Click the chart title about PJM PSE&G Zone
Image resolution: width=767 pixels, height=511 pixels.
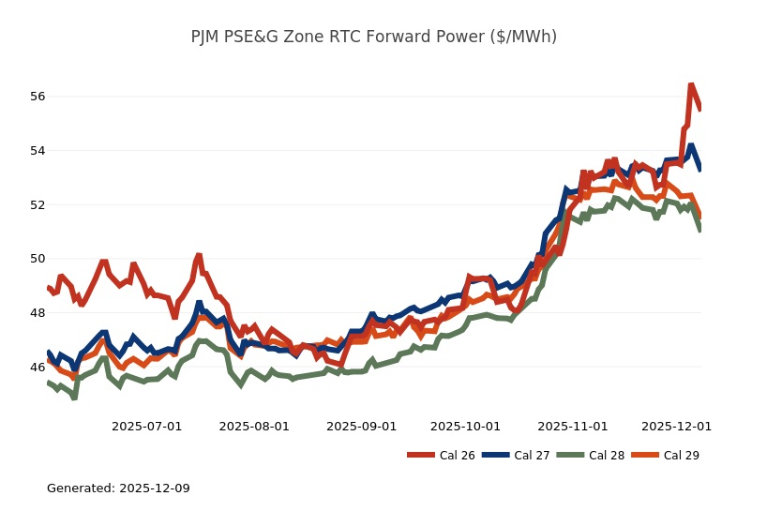(373, 37)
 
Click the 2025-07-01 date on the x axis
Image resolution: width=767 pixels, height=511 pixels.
(146, 426)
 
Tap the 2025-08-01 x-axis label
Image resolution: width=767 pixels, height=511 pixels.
(254, 426)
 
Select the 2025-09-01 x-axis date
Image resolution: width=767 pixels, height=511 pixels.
(361, 426)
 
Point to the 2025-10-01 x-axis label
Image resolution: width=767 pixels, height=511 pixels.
(465, 426)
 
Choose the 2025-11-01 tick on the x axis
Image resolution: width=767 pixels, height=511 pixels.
(573, 426)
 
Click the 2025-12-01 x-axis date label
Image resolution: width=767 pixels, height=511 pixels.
(676, 426)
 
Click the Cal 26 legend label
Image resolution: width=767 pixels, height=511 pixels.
(457, 456)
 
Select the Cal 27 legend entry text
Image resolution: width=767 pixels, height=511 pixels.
(532, 456)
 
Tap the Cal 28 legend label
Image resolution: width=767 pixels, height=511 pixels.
(607, 456)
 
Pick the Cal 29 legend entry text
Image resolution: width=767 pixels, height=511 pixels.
(682, 456)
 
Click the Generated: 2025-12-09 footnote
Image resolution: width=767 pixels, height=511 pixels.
(118, 488)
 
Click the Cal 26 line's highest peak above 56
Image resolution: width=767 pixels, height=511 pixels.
(691, 85)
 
